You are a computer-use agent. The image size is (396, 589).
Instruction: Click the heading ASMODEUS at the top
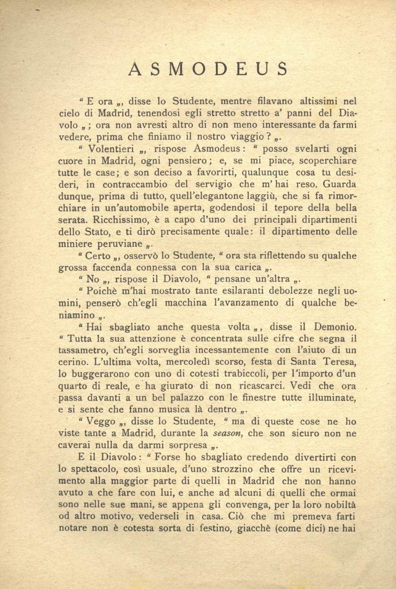coord(209,68)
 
